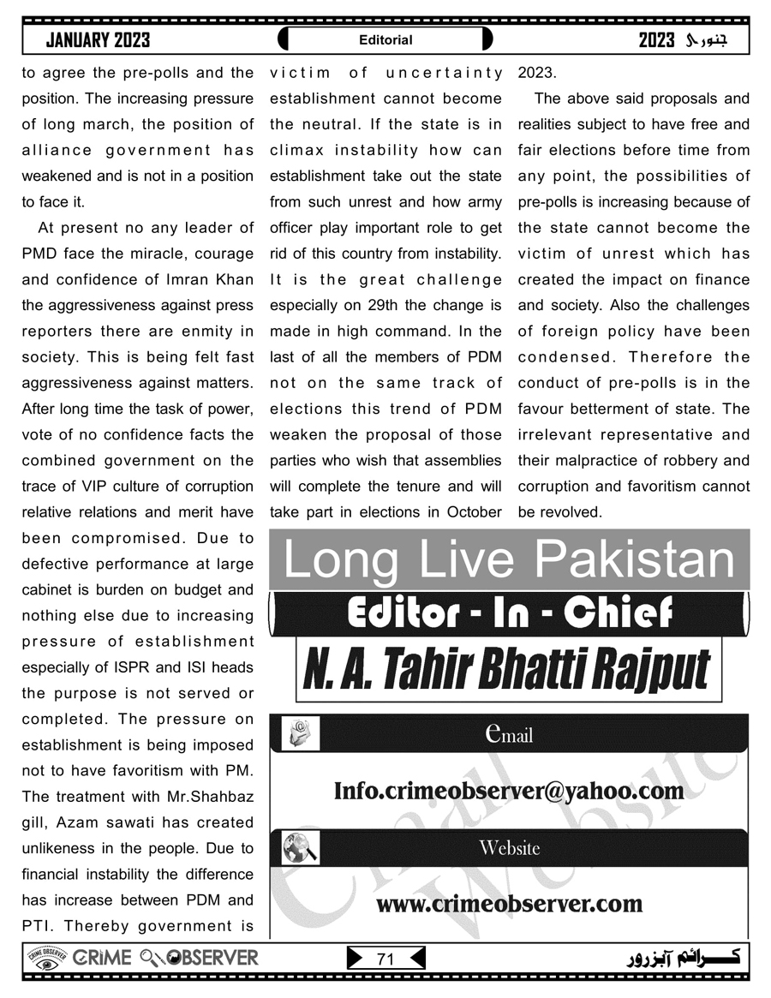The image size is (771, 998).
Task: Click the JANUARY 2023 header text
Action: point(98,39)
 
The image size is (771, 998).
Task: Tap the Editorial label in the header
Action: point(385,39)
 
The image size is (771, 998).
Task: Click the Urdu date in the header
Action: point(694,39)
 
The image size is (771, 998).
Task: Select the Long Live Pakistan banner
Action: point(509,559)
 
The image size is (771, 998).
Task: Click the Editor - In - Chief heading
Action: point(509,612)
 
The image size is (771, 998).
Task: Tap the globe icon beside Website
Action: point(300,848)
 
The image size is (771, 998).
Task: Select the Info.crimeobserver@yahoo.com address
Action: point(509,790)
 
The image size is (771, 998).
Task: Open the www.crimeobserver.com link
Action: point(509,903)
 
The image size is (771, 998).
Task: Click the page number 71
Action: point(385,959)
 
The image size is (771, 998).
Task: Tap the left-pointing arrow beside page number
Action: point(416,959)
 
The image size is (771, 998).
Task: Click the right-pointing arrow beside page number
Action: point(355,959)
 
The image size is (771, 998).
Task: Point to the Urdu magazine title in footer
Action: point(685,958)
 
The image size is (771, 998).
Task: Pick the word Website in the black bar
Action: point(509,848)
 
